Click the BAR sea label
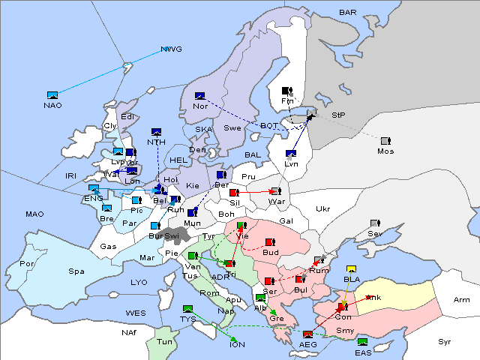348,13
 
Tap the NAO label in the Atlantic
52,105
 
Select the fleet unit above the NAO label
52,95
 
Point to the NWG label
172,49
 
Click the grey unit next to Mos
385,140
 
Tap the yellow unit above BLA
351,269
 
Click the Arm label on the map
462,300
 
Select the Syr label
445,341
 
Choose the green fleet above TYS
188,308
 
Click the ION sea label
237,344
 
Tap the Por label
28,264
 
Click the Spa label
76,271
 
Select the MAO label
34,214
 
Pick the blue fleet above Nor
199,96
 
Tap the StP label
339,115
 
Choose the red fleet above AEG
307,334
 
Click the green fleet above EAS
363,343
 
